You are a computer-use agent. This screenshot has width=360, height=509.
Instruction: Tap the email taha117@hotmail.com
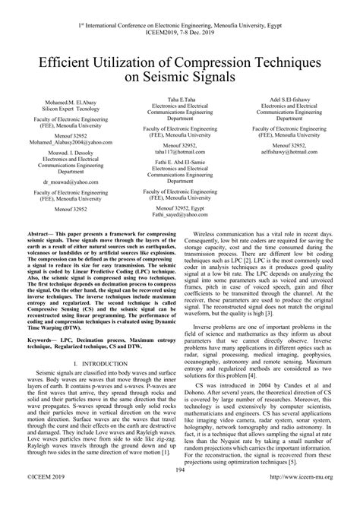point(180,152)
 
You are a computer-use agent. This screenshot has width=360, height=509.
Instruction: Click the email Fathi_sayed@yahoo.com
point(180,215)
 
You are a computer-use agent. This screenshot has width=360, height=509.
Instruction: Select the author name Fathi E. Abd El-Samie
point(180,162)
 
